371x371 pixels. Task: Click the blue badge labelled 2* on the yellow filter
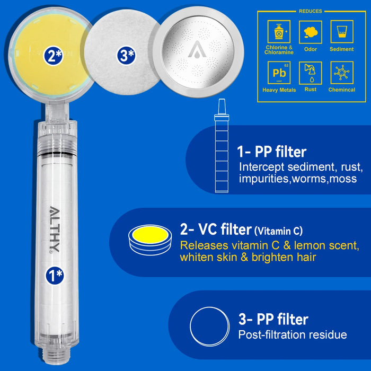point(54,56)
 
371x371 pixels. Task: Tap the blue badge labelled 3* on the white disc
point(126,56)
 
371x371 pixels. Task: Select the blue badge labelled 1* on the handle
point(54,274)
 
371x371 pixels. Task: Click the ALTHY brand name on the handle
point(55,231)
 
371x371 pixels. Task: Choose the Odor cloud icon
point(311,32)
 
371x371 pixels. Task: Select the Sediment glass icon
point(342,32)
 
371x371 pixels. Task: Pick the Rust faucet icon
point(311,73)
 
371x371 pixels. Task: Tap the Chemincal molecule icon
point(342,72)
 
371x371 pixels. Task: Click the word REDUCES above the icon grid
point(310,11)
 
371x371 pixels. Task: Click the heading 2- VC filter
point(215,230)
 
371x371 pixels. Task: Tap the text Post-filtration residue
point(293,335)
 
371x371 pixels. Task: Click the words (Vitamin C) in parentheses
point(278,231)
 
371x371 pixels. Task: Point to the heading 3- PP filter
point(273,320)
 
